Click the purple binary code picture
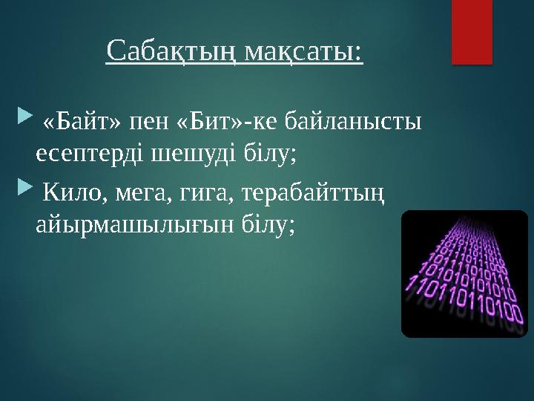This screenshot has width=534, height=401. pos(464,274)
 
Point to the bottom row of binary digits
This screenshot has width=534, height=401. pos(464,305)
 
